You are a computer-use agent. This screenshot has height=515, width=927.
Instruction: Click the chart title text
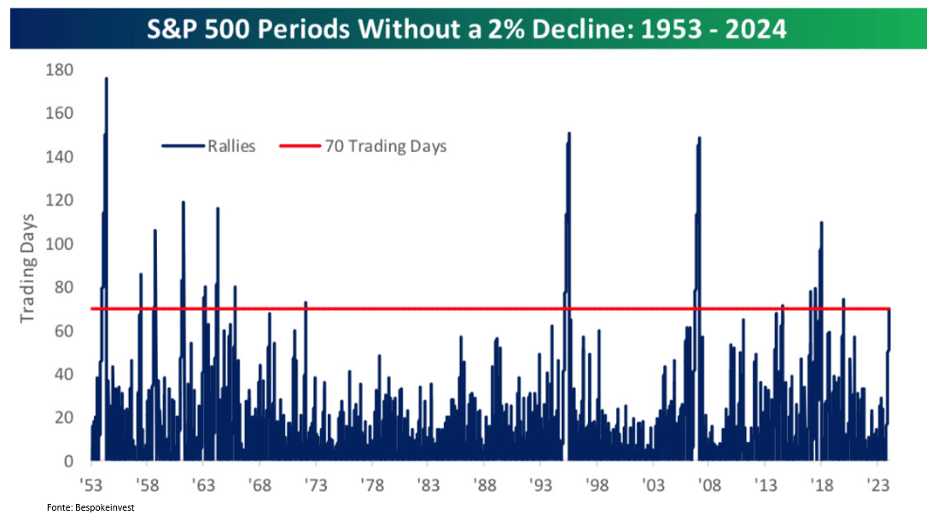click(466, 29)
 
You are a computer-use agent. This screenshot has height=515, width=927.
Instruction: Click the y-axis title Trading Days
click(27, 268)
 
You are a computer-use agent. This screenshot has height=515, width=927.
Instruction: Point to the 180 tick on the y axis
click(59, 70)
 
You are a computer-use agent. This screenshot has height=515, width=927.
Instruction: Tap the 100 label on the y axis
click(59, 243)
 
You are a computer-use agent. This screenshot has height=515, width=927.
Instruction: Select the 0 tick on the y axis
click(68, 461)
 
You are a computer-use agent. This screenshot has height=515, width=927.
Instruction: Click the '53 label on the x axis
click(91, 485)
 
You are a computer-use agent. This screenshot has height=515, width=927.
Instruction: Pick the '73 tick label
click(316, 485)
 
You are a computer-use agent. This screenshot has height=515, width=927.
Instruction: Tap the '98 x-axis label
click(597, 485)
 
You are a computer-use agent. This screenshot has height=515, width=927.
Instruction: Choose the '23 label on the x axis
click(877, 485)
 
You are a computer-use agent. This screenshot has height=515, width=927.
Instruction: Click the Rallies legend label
click(231, 146)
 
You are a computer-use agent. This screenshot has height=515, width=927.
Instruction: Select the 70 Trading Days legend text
click(386, 146)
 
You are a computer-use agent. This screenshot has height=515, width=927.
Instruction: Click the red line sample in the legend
click(300, 146)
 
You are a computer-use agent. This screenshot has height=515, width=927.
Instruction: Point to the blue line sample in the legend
click(183, 146)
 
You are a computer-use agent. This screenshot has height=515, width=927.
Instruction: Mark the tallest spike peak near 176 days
click(107, 78)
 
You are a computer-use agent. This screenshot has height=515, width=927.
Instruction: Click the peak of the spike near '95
click(569, 133)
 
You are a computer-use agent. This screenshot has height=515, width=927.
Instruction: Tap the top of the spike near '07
click(699, 138)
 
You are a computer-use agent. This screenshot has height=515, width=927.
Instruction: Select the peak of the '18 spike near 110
click(821, 222)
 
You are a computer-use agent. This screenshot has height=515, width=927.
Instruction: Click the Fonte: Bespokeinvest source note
click(90, 507)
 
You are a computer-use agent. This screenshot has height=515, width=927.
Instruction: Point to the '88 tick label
click(484, 485)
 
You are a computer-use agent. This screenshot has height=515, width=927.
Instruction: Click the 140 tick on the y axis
click(59, 156)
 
